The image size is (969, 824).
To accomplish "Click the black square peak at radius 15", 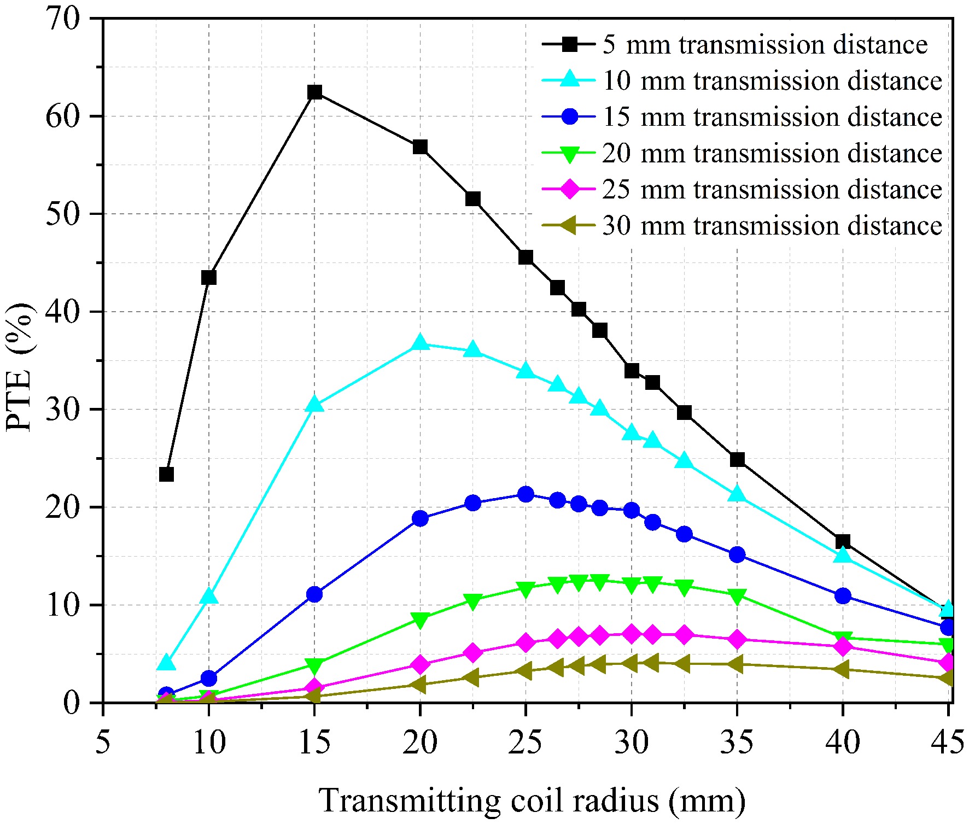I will click(314, 92).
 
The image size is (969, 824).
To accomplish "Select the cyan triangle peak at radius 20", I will click(420, 343).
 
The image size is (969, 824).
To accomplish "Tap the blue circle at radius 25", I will click(526, 494).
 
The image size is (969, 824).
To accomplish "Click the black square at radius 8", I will click(166, 474).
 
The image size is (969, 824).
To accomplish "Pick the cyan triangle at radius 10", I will click(209, 596).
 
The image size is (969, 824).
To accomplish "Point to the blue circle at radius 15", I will click(314, 594).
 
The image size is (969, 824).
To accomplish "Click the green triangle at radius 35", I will click(737, 596).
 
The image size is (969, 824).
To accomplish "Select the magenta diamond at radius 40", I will click(843, 646).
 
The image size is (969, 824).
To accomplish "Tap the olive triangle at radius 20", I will click(419, 684).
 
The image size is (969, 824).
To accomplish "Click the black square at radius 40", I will click(843, 541).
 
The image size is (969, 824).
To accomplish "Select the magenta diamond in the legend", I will click(570, 189).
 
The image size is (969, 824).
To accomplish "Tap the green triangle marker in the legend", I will click(570, 154).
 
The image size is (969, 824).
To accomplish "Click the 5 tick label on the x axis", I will click(103, 743).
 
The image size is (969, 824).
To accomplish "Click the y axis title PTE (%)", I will click(21, 366).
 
